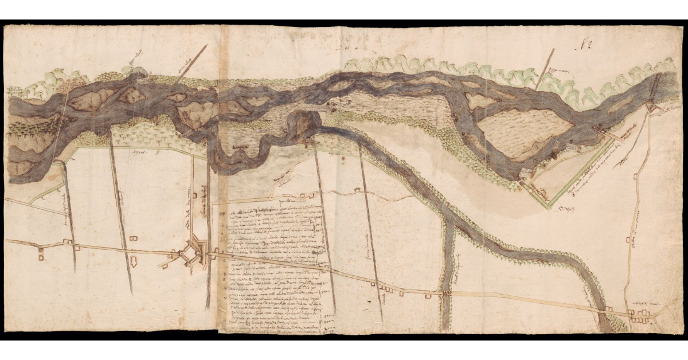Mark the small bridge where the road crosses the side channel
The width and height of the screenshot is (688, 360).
point(444,293)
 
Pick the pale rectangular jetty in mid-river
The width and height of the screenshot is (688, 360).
point(314,107)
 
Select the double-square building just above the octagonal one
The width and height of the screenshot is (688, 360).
point(133,238)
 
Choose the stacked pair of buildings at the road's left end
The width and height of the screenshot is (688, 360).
point(41,253)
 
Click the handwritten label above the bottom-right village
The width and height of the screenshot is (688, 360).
point(642,304)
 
